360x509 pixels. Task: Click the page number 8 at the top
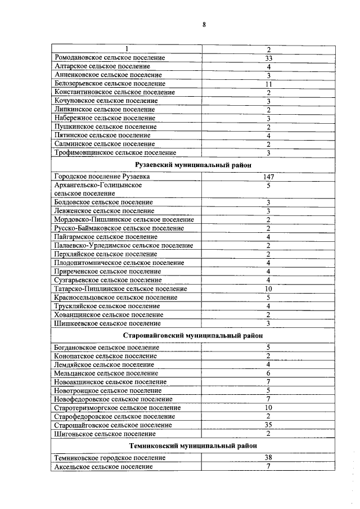point(204,24)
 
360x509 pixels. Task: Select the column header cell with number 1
point(127,49)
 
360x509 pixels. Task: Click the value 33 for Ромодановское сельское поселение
point(268,58)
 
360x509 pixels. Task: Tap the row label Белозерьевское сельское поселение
point(110,84)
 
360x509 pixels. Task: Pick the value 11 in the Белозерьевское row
point(268,84)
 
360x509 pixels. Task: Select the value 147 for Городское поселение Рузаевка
point(268,177)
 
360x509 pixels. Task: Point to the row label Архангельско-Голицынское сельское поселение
point(98,189)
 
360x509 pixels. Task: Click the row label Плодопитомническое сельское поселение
point(119,263)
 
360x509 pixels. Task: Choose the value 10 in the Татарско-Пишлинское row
point(268,289)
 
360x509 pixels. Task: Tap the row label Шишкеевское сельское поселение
point(107,323)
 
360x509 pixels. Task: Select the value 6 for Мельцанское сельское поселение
point(268,373)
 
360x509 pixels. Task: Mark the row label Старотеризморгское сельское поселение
point(118,408)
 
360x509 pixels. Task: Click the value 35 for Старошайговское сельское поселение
point(268,425)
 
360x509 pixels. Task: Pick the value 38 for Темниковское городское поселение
point(268,458)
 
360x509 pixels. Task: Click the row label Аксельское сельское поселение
point(103,467)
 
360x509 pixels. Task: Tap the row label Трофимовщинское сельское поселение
point(115,152)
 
